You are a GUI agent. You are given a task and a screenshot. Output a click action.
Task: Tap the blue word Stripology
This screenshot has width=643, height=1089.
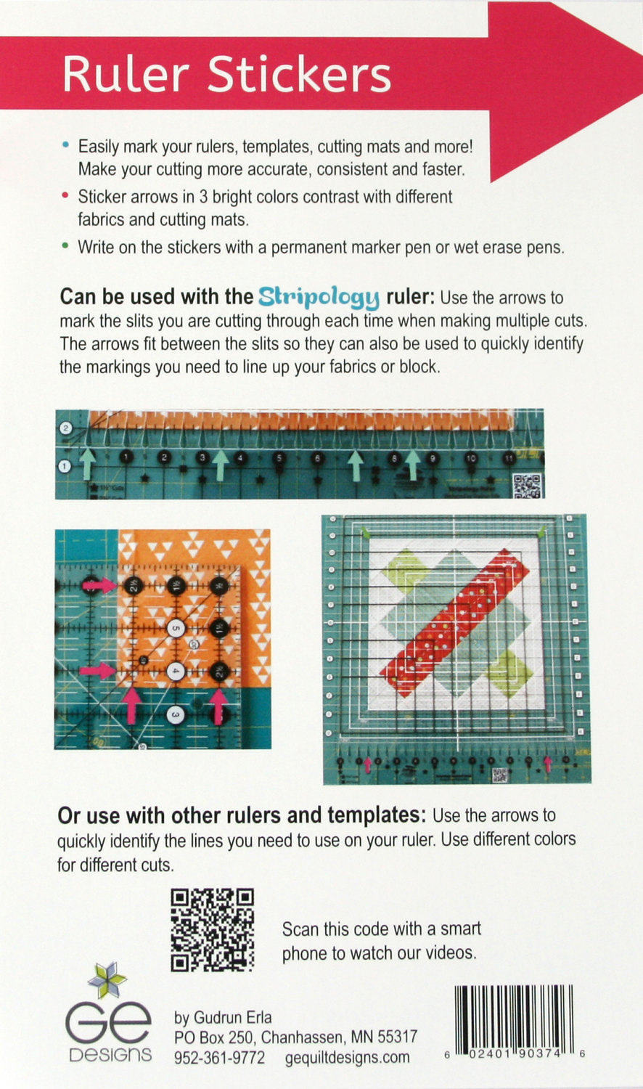point(319,296)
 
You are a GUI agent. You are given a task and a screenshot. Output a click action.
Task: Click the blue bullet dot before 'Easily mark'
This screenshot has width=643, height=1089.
point(66,146)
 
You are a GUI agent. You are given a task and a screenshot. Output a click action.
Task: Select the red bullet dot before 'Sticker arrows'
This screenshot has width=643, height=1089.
point(66,196)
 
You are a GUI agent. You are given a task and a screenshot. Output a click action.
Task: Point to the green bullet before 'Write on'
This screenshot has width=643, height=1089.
point(66,246)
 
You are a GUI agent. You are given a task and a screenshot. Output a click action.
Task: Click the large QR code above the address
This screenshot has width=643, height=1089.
point(212,930)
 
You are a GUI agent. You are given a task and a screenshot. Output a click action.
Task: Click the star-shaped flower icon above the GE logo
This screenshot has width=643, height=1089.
point(107,981)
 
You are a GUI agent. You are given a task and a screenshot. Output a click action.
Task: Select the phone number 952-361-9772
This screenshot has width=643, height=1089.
point(219,1058)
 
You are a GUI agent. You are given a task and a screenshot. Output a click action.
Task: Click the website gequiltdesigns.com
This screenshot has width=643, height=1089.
point(347,1058)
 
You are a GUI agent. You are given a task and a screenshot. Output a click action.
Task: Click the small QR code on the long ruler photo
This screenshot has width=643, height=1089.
point(526,485)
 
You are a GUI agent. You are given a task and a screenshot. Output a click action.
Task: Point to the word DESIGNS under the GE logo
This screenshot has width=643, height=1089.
point(110,1055)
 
